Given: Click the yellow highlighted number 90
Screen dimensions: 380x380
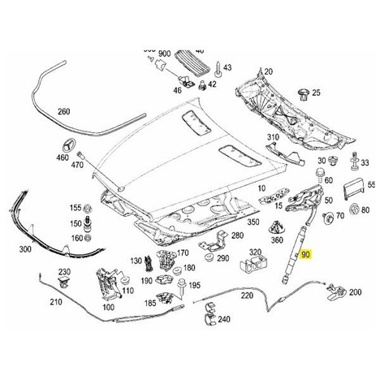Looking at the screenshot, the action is (305, 255).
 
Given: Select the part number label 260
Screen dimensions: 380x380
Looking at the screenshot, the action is (64, 111).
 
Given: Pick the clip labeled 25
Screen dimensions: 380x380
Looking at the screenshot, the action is (304, 94).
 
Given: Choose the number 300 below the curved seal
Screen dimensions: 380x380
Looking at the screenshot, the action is (25, 249).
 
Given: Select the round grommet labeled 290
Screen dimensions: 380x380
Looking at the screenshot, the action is (209, 257).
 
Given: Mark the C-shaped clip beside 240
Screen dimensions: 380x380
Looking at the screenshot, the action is (209, 314).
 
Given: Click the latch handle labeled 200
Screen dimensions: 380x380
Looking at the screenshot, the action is (336, 292).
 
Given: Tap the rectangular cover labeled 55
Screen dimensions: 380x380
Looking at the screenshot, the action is (353, 188).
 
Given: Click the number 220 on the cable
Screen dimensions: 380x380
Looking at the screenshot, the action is (247, 295).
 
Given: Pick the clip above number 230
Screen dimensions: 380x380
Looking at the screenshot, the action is (64, 283).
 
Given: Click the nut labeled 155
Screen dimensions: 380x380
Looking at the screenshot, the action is (88, 209).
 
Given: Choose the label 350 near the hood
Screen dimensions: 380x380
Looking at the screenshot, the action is (253, 222).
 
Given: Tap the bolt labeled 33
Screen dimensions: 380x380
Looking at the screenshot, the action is (354, 162).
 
